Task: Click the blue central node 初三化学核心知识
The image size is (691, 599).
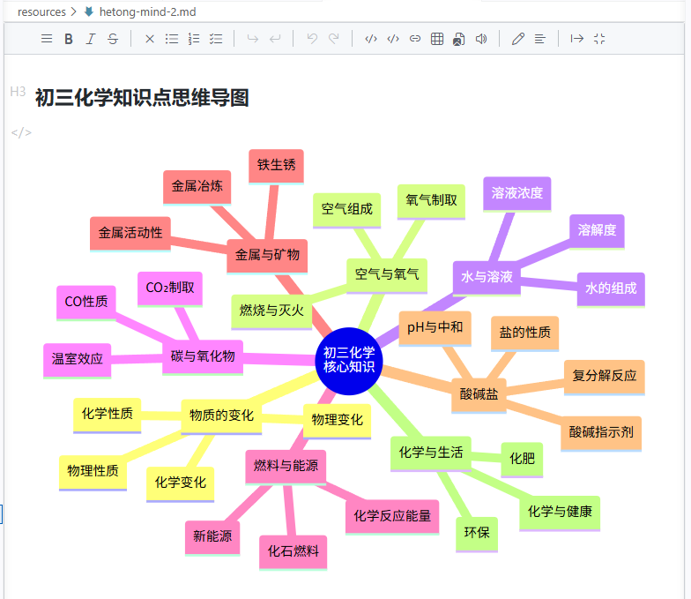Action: point(349,361)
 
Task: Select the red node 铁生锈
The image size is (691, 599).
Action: point(277,166)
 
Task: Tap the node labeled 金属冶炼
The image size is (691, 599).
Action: point(197,187)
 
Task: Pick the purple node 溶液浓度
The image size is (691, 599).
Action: point(516,194)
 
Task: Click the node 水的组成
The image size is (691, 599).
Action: point(611,289)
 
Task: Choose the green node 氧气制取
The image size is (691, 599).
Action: point(431,201)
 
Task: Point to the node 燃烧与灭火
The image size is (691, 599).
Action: point(271,311)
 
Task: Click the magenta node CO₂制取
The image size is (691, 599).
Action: point(170,288)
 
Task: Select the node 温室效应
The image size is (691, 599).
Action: point(78,360)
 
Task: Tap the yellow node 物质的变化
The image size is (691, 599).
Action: point(222,416)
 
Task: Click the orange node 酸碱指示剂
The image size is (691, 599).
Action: point(601,432)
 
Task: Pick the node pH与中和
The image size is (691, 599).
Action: point(435,328)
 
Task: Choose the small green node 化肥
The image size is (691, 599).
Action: point(522,460)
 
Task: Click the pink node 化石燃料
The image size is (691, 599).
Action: point(293,552)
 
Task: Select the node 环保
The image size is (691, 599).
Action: point(477,534)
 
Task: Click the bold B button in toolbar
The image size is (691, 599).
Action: point(69,39)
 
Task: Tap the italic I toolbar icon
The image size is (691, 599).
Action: point(90,39)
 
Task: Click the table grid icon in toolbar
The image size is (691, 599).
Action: point(437,39)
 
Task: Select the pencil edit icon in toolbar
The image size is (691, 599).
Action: point(518,39)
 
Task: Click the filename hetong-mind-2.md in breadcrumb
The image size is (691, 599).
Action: point(148,12)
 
